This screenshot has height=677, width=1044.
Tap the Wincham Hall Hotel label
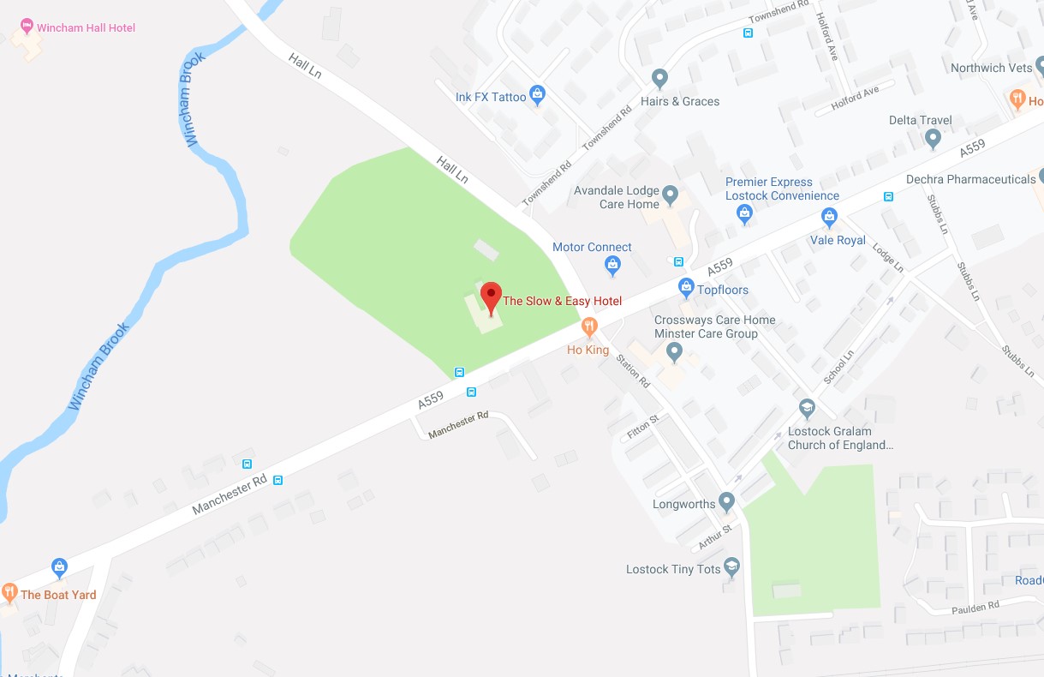click(x=86, y=28)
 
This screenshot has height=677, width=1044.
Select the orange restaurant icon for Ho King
click(x=589, y=326)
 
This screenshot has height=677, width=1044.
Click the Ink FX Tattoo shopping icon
click(x=537, y=94)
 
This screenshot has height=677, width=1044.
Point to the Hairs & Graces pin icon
click(x=659, y=78)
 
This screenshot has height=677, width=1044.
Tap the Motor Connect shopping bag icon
click(x=612, y=265)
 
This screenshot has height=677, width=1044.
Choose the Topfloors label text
click(x=723, y=290)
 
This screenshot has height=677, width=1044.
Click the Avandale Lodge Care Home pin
click(x=671, y=194)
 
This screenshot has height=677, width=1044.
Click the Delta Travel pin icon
click(x=934, y=137)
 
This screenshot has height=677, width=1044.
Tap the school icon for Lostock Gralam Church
click(x=806, y=408)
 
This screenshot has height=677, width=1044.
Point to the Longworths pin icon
click(x=727, y=500)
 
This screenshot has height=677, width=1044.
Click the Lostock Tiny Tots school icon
click(x=731, y=566)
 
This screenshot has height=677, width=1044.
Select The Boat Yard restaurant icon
click(x=9, y=591)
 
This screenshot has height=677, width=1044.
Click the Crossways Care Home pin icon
click(x=674, y=350)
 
